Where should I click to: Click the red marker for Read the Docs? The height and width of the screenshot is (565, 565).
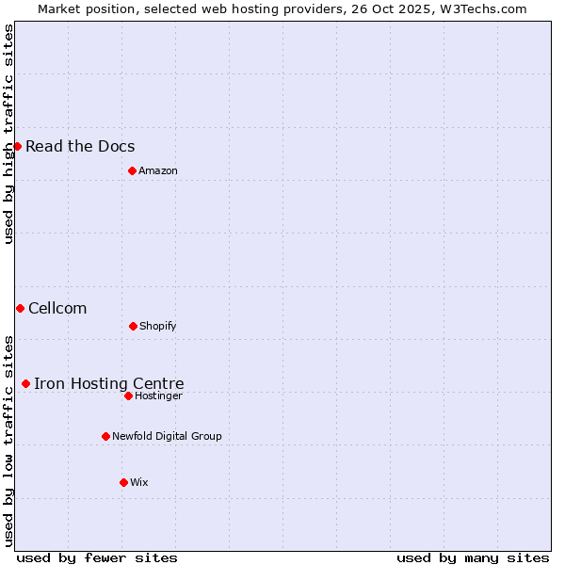(x=17, y=146)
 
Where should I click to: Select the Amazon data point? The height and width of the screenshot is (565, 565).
(x=132, y=170)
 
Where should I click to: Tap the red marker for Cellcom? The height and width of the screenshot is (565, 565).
(x=20, y=308)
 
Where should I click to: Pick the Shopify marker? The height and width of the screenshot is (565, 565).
(x=133, y=326)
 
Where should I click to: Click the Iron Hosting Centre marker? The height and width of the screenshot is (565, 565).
(x=25, y=383)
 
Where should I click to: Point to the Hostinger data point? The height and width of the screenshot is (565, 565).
(x=128, y=395)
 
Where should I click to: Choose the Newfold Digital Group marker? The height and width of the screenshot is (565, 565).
(x=105, y=436)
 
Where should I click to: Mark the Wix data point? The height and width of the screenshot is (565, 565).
(x=123, y=482)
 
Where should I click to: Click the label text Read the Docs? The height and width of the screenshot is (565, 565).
(x=80, y=146)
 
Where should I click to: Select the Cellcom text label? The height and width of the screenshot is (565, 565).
(x=57, y=308)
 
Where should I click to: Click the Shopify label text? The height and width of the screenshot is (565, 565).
(x=158, y=326)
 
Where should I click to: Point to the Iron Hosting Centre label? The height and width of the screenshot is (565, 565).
(x=109, y=383)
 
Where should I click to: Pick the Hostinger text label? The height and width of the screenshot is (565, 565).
(x=158, y=395)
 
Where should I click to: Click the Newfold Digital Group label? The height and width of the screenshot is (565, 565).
(x=167, y=436)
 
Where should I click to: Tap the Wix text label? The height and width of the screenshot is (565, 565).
(x=139, y=482)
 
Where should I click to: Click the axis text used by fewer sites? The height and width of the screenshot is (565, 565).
(x=97, y=557)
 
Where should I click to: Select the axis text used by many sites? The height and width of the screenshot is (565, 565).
(x=473, y=557)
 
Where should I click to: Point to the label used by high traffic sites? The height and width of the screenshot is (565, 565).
(x=8, y=134)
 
